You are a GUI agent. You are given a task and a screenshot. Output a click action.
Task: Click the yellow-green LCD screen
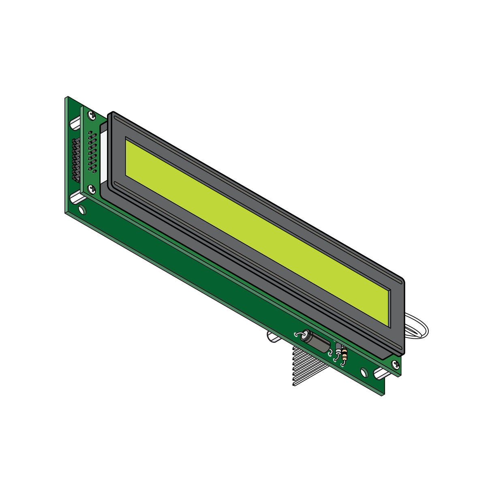(x=255, y=231)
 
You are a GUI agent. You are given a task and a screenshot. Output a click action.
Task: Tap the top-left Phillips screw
(x=90, y=114)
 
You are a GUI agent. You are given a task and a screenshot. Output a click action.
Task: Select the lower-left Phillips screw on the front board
(x=92, y=188)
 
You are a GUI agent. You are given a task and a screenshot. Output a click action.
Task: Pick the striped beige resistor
(x=344, y=355)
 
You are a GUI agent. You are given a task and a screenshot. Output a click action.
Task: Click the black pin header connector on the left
(x=75, y=160)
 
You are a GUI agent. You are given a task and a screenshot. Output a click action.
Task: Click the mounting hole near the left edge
(x=81, y=210)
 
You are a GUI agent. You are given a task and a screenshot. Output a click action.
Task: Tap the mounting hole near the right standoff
(x=364, y=372)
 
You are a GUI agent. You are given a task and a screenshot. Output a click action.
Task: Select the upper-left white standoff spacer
(x=76, y=122)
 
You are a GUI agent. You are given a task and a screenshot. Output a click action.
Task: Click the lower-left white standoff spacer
(x=77, y=198)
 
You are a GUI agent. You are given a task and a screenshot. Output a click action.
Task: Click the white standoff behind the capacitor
(x=271, y=337)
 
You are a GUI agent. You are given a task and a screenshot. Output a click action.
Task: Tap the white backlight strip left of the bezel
(x=103, y=154)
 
